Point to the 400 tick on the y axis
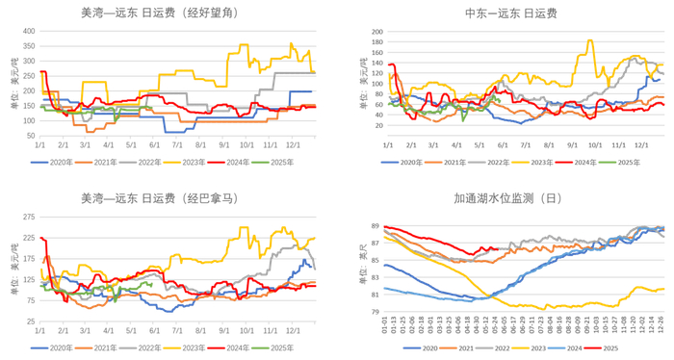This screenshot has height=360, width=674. point(28,31)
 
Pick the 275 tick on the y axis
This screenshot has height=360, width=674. point(28,217)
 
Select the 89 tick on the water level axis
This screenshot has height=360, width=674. point(375,225)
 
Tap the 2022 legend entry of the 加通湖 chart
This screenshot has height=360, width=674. point(503,347)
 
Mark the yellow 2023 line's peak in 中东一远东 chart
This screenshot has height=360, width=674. point(589,39)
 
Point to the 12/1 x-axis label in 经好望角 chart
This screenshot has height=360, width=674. point(291,144)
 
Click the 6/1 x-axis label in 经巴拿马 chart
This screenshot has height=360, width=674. point(154,330)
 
